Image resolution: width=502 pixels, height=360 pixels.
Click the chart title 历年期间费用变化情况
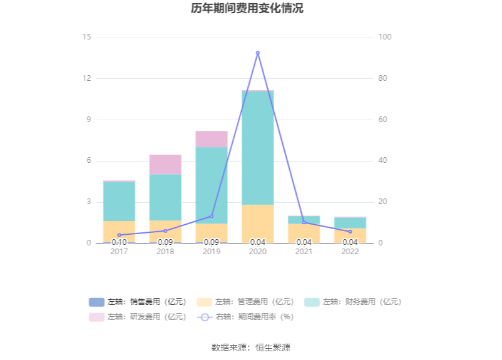click(247, 9)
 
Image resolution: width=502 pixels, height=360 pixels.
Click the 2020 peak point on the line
click(258, 53)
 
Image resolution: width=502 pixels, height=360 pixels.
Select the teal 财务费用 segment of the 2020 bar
click(258, 148)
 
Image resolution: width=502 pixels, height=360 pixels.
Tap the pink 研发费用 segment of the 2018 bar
click(165, 164)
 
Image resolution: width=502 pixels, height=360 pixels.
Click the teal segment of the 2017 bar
click(119, 201)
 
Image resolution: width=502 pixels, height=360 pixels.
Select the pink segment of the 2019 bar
click(212, 139)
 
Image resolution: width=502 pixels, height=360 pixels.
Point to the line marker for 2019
click(212, 216)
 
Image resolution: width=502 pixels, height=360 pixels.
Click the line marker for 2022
click(351, 232)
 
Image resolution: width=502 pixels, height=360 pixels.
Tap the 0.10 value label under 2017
click(119, 242)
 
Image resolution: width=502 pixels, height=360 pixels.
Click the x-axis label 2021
click(304, 252)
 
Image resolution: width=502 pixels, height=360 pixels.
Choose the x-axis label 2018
click(165, 252)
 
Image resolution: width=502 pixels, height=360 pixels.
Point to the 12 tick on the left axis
click(87, 79)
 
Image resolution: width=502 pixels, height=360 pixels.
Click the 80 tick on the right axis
click(385, 79)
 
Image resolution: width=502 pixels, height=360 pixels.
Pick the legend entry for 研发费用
click(138, 317)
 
